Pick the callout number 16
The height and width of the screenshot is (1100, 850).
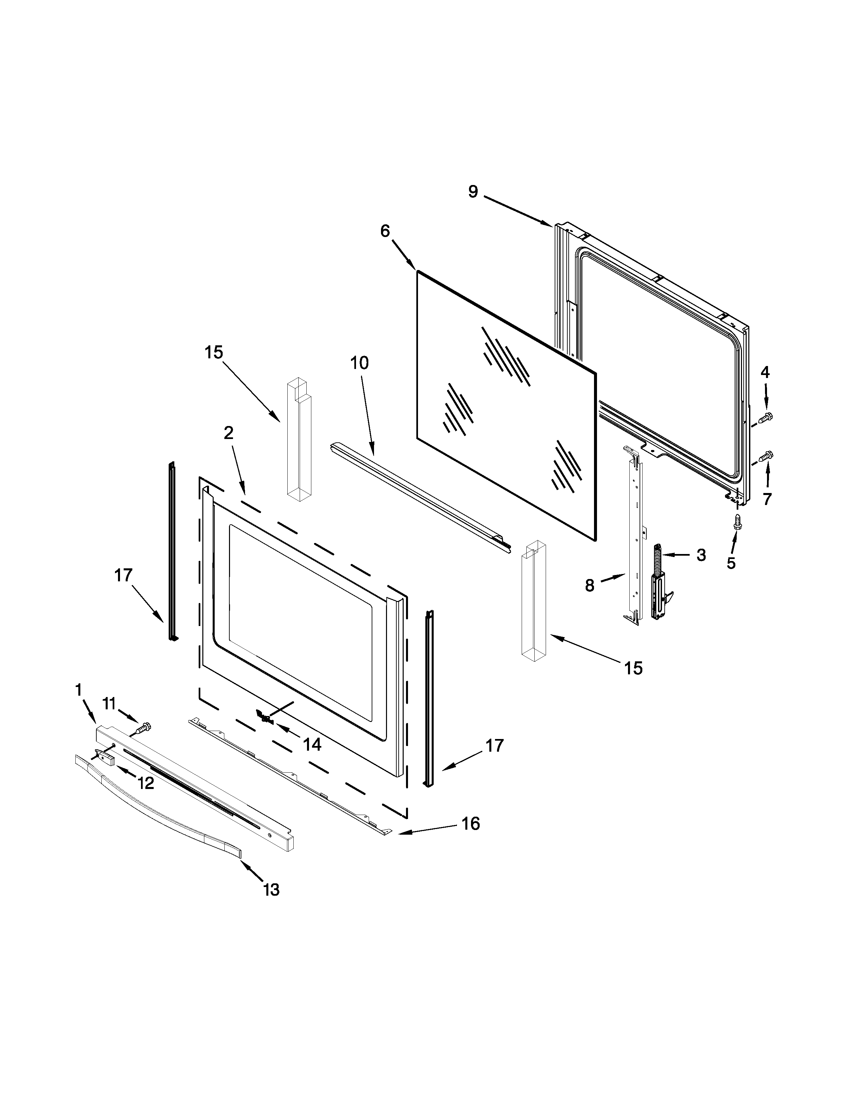pyautogui.click(x=470, y=823)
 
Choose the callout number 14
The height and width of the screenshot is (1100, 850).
pyautogui.click(x=312, y=744)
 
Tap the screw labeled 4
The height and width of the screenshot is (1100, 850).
pyautogui.click(x=765, y=417)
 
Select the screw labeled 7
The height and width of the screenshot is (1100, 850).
pyautogui.click(x=765, y=456)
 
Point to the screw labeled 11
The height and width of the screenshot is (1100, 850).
pyautogui.click(x=145, y=727)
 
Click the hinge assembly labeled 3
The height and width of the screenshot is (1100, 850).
pyautogui.click(x=659, y=584)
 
